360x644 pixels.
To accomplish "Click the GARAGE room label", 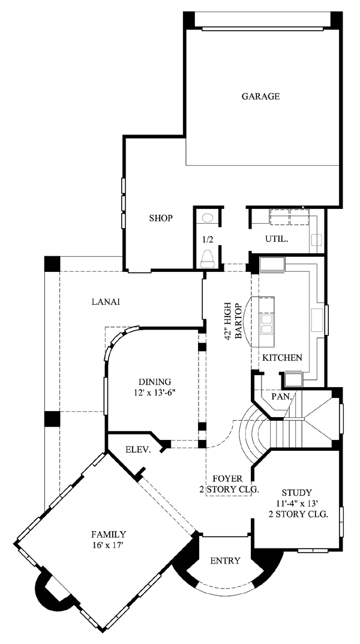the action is pyautogui.click(x=260, y=97).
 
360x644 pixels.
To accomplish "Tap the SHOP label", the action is pyautogui.click(x=161, y=218).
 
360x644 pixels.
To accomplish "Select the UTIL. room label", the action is pyautogui.click(x=276, y=238).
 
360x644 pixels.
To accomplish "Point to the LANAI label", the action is pyautogui.click(x=106, y=302).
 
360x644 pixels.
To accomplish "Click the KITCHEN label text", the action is pyautogui.click(x=283, y=358).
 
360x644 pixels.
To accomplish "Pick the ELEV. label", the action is pyautogui.click(x=137, y=450).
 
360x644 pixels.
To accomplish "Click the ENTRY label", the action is pyautogui.click(x=225, y=561).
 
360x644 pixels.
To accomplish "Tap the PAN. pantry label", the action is pyautogui.click(x=281, y=397).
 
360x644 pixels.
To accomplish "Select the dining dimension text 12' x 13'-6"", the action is pyautogui.click(x=154, y=393).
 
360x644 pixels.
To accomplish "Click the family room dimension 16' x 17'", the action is pyautogui.click(x=109, y=546).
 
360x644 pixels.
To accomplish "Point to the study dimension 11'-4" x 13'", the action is pyautogui.click(x=297, y=503).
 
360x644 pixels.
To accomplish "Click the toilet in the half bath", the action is pyautogui.click(x=207, y=258).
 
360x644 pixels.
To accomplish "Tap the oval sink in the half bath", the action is pyautogui.click(x=208, y=218).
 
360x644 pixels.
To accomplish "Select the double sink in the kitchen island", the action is pyautogui.click(x=266, y=324).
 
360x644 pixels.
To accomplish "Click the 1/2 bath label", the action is pyautogui.click(x=207, y=238).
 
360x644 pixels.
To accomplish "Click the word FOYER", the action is pyautogui.click(x=227, y=479).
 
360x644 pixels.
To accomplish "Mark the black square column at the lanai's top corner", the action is pyautogui.click(x=52, y=263).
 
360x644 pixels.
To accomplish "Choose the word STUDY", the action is pyautogui.click(x=297, y=492).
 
